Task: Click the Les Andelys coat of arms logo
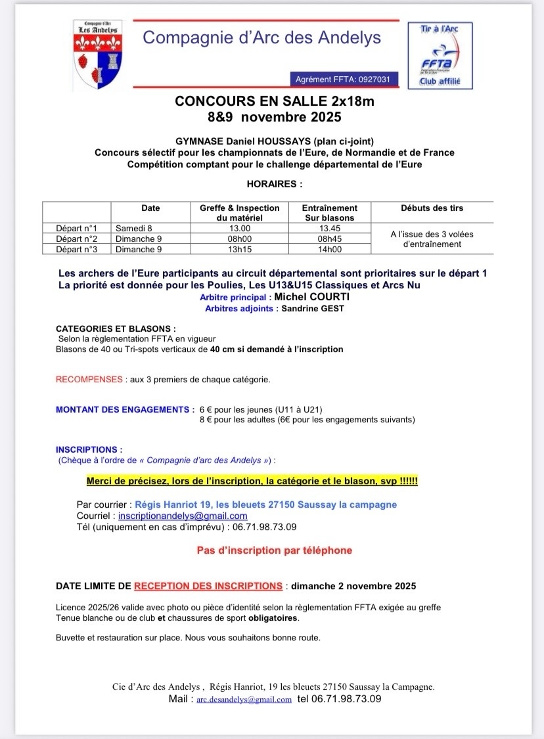click(96, 56)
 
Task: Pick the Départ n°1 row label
click(77, 229)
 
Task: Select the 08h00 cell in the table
click(239, 239)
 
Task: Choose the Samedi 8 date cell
click(134, 229)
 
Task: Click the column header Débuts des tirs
click(432, 208)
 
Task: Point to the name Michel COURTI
click(311, 297)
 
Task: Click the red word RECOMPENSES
click(89, 380)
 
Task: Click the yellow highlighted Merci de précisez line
click(252, 481)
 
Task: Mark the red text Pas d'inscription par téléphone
click(275, 550)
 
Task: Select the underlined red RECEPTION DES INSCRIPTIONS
click(208, 585)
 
